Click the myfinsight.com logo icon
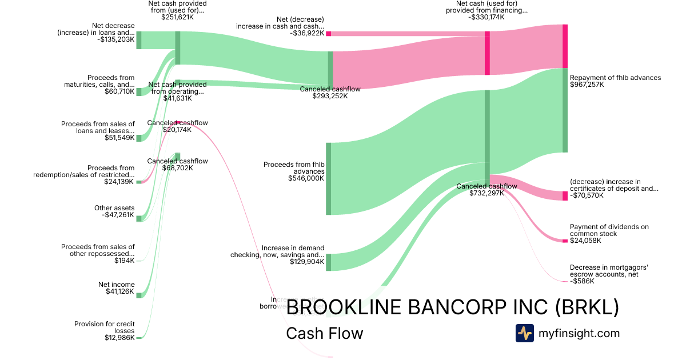coord(524,333)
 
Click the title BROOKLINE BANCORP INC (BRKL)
coord(452,307)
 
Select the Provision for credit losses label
coord(105,327)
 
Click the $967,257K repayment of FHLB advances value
coord(587,85)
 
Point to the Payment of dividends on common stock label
coord(609,230)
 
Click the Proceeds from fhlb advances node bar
coord(328,179)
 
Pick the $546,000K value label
coord(306,178)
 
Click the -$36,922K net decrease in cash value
coord(307,34)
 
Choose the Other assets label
coord(114,208)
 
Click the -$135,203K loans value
coord(116,40)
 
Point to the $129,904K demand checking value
coord(306,263)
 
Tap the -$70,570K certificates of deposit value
coord(587,196)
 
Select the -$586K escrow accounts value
coord(582,281)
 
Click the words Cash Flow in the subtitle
coord(324,333)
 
